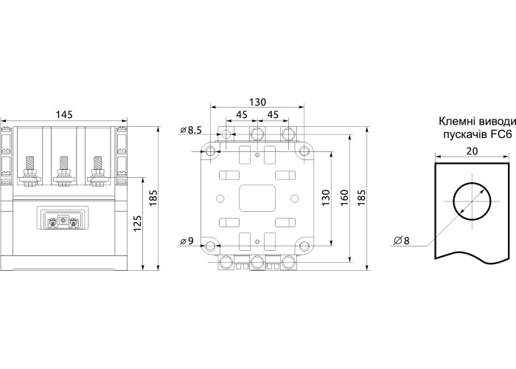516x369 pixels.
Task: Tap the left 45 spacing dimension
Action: (241, 115)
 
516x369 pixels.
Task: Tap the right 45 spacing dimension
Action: (272, 115)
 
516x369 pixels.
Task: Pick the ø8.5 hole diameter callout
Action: (191, 131)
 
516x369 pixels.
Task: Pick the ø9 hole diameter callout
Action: (188, 241)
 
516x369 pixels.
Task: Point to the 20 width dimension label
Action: (471, 151)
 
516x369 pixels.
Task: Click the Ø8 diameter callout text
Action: (402, 241)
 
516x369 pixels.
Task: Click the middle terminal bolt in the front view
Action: (63, 168)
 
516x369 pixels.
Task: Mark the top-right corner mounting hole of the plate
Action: (302, 151)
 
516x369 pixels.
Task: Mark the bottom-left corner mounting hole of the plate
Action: (212, 246)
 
